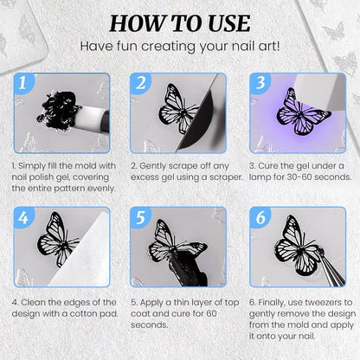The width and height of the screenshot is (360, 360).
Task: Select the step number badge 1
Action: [23, 82]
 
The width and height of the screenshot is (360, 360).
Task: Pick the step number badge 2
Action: [140, 82]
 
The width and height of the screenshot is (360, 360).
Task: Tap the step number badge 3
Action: [260, 82]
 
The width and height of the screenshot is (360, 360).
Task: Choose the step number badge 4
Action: [23, 217]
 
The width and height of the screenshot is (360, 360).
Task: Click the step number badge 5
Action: [140, 217]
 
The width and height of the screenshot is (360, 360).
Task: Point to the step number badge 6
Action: [260, 217]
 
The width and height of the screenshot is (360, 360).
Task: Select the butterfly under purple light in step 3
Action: [301, 114]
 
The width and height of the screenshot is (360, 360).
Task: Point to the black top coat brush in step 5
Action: [189, 268]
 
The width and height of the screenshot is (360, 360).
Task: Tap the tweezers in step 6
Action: [331, 269]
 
